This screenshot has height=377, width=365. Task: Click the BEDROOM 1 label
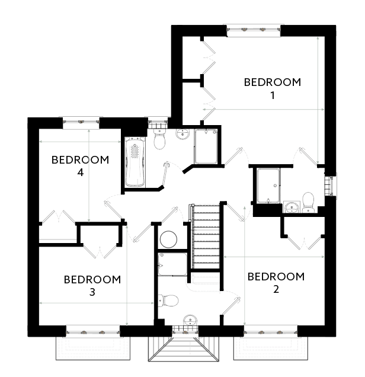tap(272, 89)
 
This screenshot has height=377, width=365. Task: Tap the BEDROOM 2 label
tap(276, 283)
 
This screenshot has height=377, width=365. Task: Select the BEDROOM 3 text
tap(92, 285)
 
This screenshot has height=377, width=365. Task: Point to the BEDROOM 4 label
tap(80, 166)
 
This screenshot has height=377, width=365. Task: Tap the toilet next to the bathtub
tap(159, 140)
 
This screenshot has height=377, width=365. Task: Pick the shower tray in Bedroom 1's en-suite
tap(268, 185)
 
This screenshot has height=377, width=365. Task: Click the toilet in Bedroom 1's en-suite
tap(308, 202)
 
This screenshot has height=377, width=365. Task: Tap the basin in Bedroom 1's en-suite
tap(291, 207)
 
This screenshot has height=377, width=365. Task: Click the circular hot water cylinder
tap(169, 239)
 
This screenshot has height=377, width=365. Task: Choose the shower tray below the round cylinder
tap(172, 264)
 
